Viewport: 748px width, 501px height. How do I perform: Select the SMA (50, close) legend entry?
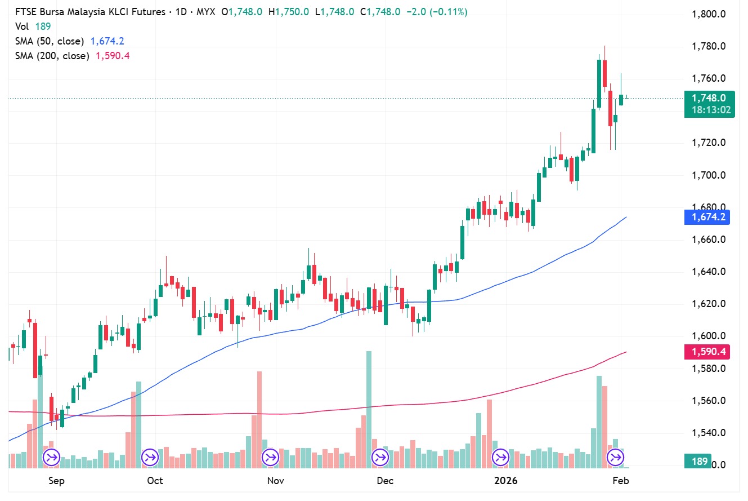(50, 41)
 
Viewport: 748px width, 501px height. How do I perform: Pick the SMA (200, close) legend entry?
(52, 56)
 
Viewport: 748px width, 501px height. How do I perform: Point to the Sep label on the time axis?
(56, 481)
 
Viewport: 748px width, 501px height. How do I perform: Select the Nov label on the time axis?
(275, 481)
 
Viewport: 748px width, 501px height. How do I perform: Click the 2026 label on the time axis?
(505, 481)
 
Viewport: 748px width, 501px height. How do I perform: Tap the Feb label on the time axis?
(621, 481)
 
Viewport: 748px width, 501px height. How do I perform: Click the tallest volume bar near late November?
(369, 406)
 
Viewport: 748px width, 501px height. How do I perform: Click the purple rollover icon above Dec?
(381, 457)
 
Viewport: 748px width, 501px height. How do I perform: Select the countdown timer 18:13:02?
(711, 110)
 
